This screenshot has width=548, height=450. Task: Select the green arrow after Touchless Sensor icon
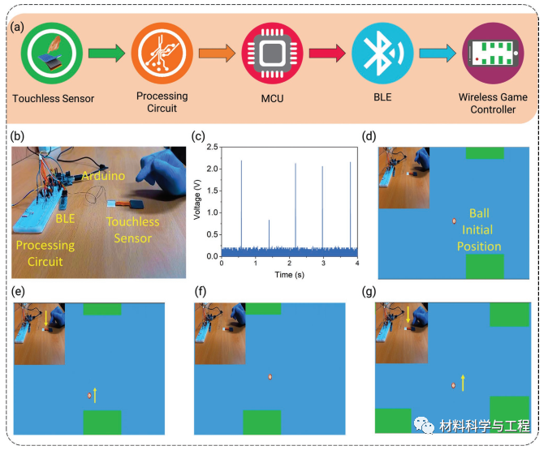[105, 54]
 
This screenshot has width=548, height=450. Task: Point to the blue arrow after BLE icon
[434, 54]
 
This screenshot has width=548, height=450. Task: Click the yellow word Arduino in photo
[103, 175]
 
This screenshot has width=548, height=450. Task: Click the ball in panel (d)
[454, 221]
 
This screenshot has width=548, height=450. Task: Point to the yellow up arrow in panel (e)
[96, 395]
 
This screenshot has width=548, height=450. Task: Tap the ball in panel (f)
[270, 376]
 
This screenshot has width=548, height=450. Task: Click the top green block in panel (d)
[485, 152]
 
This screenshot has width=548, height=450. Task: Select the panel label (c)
[200, 136]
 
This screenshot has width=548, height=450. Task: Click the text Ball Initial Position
[479, 229]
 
